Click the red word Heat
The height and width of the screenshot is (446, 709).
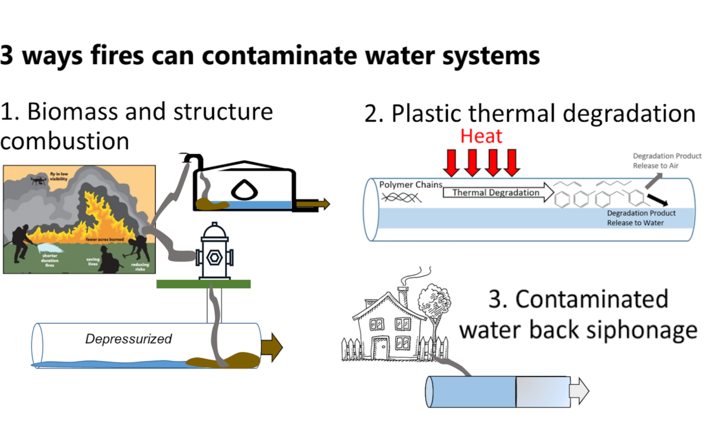point(482,136)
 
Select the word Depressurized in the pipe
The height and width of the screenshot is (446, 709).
point(128,339)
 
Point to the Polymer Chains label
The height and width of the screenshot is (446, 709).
point(411,184)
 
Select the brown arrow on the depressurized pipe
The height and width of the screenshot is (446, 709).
point(271,346)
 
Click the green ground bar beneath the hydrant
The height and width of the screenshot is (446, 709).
point(203,284)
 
